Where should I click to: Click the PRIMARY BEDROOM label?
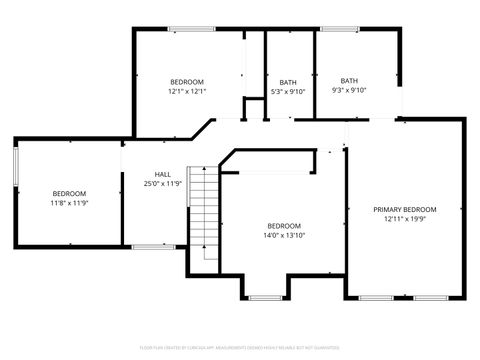tap(405, 210)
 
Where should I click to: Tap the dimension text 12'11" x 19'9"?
tap(405, 220)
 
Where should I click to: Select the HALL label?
tap(162, 174)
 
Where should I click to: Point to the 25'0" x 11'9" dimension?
tap(162, 184)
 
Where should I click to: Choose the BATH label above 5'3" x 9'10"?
tap(288, 82)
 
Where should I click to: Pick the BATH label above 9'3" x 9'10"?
tap(349, 81)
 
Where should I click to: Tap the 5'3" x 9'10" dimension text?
tap(288, 92)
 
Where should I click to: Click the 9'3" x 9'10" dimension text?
tap(349, 91)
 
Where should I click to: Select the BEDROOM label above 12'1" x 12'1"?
tap(187, 81)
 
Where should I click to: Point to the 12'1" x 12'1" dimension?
tap(187, 91)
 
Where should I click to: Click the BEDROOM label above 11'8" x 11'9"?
tap(69, 193)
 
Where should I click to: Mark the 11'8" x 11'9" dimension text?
tap(69, 203)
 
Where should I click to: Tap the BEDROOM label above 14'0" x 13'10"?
tap(284, 226)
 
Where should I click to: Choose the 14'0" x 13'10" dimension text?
tap(284, 236)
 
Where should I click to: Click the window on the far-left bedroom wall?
tap(15, 166)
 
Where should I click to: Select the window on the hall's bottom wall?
tap(153, 246)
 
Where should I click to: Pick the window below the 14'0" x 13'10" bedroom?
tap(265, 298)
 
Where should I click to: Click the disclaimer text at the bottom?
tap(240, 347)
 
